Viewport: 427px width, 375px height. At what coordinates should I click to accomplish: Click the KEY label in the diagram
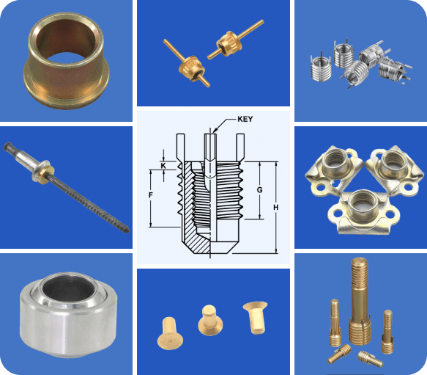pyautogui.click(x=245, y=120)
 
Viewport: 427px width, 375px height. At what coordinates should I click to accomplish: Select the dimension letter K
pyautogui.click(x=163, y=166)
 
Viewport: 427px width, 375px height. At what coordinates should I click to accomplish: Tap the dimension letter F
pyautogui.click(x=151, y=195)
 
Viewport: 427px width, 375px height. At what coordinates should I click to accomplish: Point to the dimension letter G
pyautogui.click(x=259, y=190)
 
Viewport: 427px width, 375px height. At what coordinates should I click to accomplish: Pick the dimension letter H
pyautogui.click(x=276, y=208)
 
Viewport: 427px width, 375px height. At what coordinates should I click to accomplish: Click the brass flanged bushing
pyautogui.click(x=67, y=61)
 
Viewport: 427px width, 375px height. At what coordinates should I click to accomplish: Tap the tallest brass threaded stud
pyautogui.click(x=360, y=302)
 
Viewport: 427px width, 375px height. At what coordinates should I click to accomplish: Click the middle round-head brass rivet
pyautogui.click(x=210, y=321)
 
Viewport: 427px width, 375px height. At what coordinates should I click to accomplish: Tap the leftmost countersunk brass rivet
pyautogui.click(x=170, y=333)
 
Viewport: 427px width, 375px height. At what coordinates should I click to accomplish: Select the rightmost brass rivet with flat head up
pyautogui.click(x=255, y=318)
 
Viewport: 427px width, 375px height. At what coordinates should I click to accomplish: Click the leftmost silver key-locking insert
pyautogui.click(x=322, y=69)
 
